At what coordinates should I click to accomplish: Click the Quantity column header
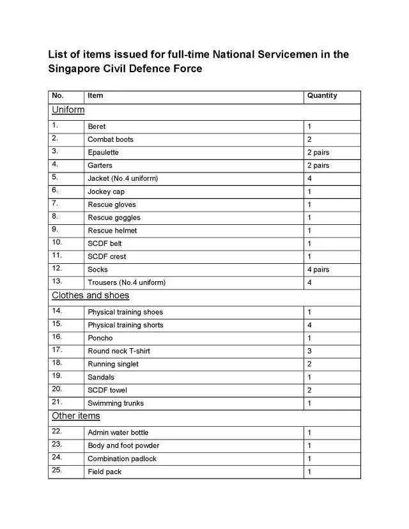pos(322,96)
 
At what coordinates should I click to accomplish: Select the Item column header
pos(95,96)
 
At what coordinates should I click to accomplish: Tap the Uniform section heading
pos(68,110)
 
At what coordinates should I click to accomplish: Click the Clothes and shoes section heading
pos(90,296)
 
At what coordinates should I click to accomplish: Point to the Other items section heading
pos(75,417)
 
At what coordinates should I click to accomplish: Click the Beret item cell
pos(96,126)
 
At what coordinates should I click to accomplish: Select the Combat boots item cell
pos(111,139)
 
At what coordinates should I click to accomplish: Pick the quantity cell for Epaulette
pos(318,153)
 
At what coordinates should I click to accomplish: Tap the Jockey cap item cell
pos(106,192)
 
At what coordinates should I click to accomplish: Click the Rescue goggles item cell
pos(114,218)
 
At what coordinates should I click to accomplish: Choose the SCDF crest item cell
pos(107,257)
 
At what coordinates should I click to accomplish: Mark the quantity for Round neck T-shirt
pos(309,351)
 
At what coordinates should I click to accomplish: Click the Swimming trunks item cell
pos(116,403)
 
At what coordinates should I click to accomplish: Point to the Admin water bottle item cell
pos(118,433)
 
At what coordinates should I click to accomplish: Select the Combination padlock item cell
pos(122,459)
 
